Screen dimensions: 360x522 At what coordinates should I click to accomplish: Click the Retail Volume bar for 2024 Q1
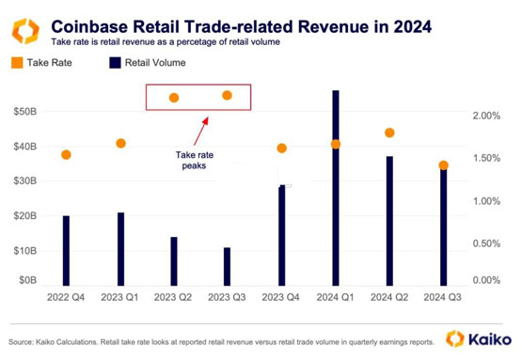pos(336,188)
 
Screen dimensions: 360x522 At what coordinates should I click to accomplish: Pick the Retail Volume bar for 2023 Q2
pos(173,261)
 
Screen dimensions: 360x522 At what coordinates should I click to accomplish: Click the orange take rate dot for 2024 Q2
pos(389,133)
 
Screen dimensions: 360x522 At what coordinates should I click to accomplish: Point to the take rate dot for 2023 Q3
pos(227,95)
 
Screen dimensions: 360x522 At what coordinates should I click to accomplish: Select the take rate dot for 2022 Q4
pos(66,154)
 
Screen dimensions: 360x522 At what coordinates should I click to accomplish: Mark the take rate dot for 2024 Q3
pos(444,165)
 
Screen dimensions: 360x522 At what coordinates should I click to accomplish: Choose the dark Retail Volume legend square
pos(115,63)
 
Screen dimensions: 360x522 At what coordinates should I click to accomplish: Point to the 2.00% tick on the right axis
pos(486,116)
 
